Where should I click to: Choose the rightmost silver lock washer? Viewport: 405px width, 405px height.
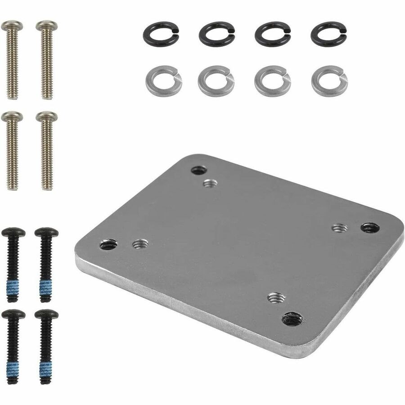click(x=328, y=81)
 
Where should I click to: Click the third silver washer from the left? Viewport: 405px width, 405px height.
click(x=272, y=81)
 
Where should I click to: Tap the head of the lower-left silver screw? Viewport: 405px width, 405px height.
click(x=12, y=116)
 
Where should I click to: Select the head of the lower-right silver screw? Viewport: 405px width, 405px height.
click(x=46, y=116)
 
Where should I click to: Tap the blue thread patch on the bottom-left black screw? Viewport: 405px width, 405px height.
click(x=12, y=370)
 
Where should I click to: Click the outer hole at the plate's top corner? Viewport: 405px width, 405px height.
click(x=198, y=170)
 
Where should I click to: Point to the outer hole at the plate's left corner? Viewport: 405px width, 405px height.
click(x=108, y=245)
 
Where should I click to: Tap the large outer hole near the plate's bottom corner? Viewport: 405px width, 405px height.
click(x=292, y=319)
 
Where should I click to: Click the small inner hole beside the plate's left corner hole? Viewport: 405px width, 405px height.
click(x=140, y=244)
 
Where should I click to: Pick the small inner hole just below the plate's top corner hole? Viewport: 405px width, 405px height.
click(x=210, y=183)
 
